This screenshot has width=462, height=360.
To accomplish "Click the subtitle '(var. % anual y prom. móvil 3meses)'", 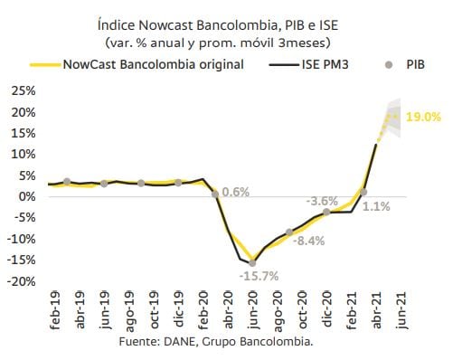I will coord(217,43).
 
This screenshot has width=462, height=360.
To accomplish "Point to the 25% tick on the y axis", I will coord(23,91).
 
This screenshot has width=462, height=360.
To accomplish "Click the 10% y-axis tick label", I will coord(23,154).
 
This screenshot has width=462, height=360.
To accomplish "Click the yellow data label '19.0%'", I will coord(423,117).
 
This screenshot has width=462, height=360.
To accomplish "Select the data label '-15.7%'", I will coord(258,276).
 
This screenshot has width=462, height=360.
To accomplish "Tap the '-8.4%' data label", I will coord(308,241).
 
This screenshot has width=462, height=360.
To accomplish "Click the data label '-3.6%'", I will coord(323,201).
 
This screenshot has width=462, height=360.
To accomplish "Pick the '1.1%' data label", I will coord(376,206).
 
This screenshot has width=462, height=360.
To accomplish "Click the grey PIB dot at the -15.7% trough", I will coord(252,262).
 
